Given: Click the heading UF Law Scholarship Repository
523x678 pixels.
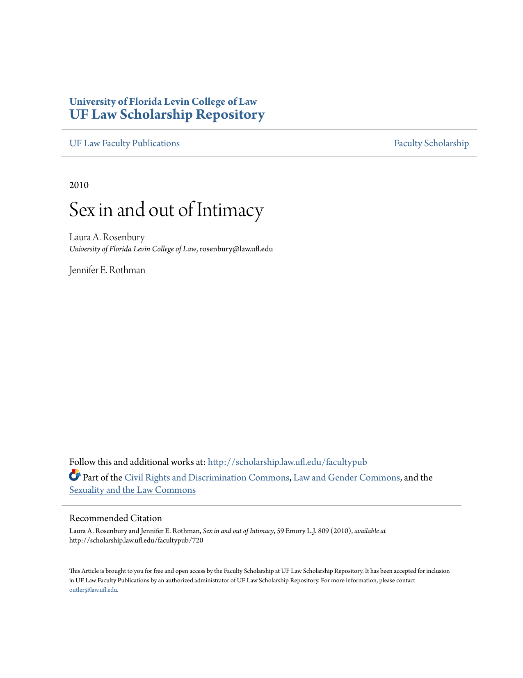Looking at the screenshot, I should [167, 115].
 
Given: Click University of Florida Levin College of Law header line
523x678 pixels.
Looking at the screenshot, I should [163, 101].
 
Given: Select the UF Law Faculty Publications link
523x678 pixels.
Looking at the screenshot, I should [124, 143].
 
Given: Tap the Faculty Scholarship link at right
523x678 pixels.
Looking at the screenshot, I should [431, 143].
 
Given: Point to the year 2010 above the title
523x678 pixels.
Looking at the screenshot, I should [79, 185].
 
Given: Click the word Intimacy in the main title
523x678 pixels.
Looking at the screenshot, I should [230, 210].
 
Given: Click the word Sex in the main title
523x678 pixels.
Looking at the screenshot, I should [82, 210].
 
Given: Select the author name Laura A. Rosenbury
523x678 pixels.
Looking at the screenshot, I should [107, 237].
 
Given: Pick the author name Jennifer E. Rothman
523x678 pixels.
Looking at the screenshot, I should [107, 270].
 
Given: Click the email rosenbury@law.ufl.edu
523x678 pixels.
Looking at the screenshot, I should [236, 249].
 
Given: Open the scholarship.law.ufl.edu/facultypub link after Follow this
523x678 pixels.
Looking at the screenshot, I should [287, 462].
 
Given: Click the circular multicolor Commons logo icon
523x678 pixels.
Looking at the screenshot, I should [74, 476].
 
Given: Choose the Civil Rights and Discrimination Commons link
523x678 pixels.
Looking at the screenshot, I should [207, 478].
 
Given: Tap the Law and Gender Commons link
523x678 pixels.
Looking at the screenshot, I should [346, 478].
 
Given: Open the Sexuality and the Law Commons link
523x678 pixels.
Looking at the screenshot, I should [132, 490].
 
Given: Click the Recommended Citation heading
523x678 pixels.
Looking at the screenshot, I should [115, 518].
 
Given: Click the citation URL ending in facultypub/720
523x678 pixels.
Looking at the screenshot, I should [136, 540].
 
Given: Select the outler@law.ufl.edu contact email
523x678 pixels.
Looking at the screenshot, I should [93, 590].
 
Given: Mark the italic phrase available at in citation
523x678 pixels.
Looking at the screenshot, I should [370, 531].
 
